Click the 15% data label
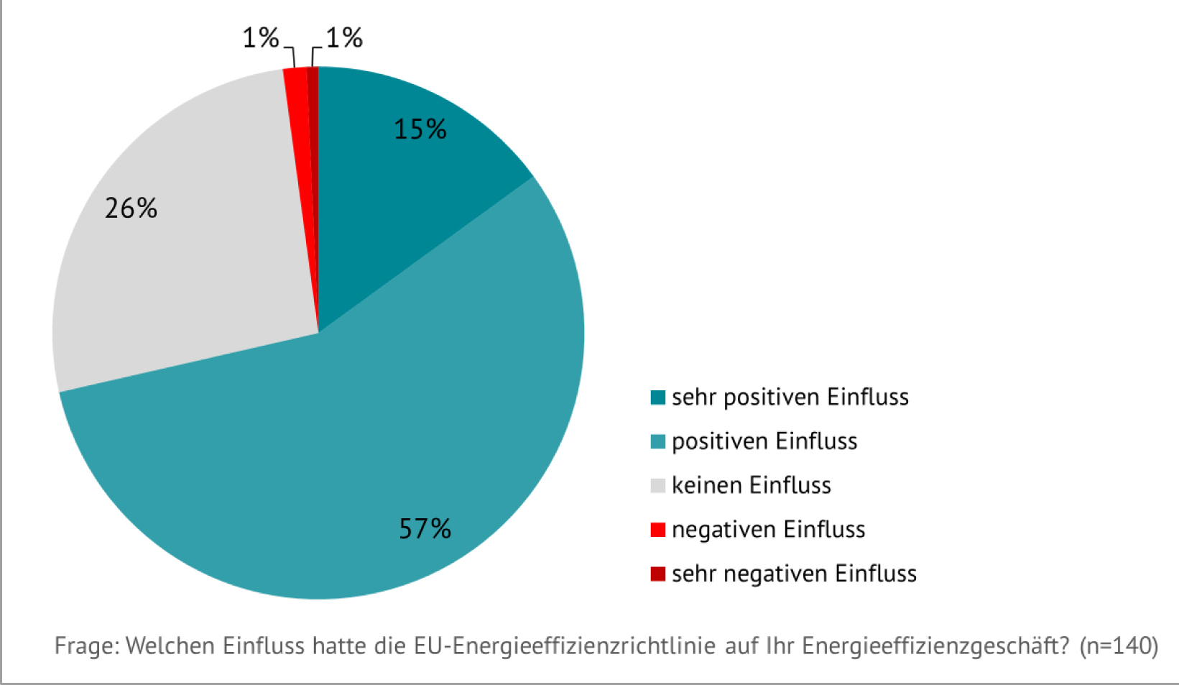point(420,129)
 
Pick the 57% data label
point(425,529)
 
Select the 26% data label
point(131,208)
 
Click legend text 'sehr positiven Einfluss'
point(790,397)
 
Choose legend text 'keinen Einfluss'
point(751,485)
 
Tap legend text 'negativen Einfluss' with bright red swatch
point(768,530)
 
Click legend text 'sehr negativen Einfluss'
point(794,574)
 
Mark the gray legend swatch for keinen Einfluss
point(657,486)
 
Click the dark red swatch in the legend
point(657,574)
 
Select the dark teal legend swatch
point(657,397)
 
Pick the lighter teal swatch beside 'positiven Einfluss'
point(657,441)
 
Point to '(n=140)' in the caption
point(1119,646)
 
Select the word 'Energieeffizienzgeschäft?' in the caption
point(936,646)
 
